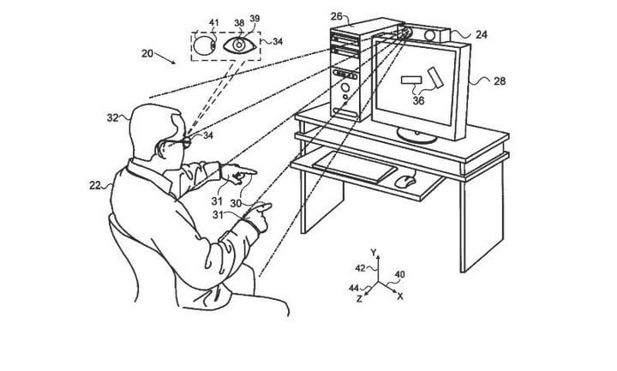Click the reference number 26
337,16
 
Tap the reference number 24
482,34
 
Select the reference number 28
500,81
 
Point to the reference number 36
419,101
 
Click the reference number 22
95,185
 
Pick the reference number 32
112,117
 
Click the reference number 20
147,53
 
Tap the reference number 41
213,23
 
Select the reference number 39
255,19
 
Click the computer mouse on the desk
404,181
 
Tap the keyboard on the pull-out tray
355,167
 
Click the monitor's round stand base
416,135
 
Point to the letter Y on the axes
374,252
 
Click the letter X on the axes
400,296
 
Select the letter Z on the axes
359,299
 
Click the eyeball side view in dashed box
205,45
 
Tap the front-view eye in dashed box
240,45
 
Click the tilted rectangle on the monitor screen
435,77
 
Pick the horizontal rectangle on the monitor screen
411,80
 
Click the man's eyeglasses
177,141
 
